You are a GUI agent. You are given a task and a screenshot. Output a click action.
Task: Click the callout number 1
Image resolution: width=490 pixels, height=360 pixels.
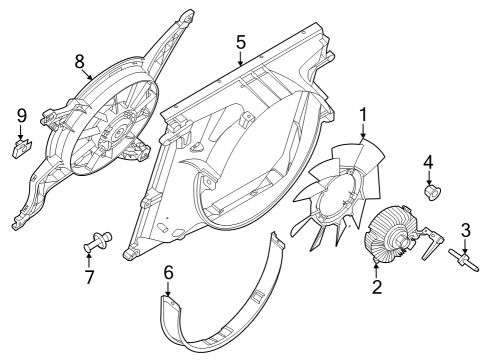[x=363, y=115]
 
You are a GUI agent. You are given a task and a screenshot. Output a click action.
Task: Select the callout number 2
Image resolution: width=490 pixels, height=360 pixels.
[x=377, y=287]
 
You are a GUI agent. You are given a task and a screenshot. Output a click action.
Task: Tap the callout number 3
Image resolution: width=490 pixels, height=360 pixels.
[x=466, y=230]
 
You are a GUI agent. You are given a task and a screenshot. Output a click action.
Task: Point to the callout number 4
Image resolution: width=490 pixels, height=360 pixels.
[x=428, y=162]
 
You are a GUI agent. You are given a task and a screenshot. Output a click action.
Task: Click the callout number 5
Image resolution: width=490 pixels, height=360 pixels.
[x=241, y=43]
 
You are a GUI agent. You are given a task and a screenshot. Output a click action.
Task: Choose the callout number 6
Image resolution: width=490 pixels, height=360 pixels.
[x=169, y=273]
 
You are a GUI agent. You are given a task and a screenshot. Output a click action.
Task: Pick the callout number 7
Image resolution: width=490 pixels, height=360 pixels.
[x=89, y=277]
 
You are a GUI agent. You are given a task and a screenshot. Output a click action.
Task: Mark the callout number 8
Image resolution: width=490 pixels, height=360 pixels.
[x=80, y=62]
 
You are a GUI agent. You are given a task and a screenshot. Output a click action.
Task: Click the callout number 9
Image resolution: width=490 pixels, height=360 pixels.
[x=21, y=116]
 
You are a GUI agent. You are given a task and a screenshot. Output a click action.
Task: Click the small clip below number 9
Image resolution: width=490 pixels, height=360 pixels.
[x=22, y=148]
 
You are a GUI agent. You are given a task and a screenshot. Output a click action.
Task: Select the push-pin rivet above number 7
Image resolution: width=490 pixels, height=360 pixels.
[x=97, y=242]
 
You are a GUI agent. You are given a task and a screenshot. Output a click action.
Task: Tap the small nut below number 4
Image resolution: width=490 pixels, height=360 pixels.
[x=432, y=193]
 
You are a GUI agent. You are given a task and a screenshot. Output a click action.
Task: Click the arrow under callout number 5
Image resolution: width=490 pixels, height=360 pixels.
[x=241, y=58]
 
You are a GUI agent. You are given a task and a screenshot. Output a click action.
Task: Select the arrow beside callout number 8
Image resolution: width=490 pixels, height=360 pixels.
[x=88, y=75]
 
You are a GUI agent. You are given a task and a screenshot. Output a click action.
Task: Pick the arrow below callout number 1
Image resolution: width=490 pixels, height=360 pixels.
[x=363, y=131]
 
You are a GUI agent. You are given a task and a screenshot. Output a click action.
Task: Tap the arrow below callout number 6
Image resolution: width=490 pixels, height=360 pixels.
[x=168, y=289]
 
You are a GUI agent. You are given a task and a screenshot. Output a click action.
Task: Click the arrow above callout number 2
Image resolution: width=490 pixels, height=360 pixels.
[x=376, y=270]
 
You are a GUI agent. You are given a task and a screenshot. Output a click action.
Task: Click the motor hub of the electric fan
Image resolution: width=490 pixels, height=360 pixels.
[x=117, y=133]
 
